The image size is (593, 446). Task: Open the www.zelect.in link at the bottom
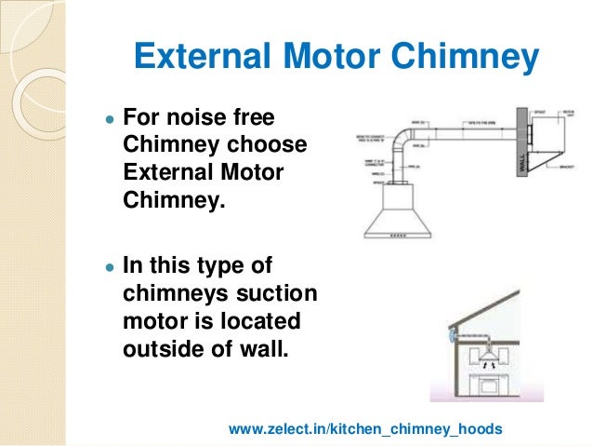pos(365,428)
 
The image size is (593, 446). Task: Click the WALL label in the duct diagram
pos(522,168)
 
